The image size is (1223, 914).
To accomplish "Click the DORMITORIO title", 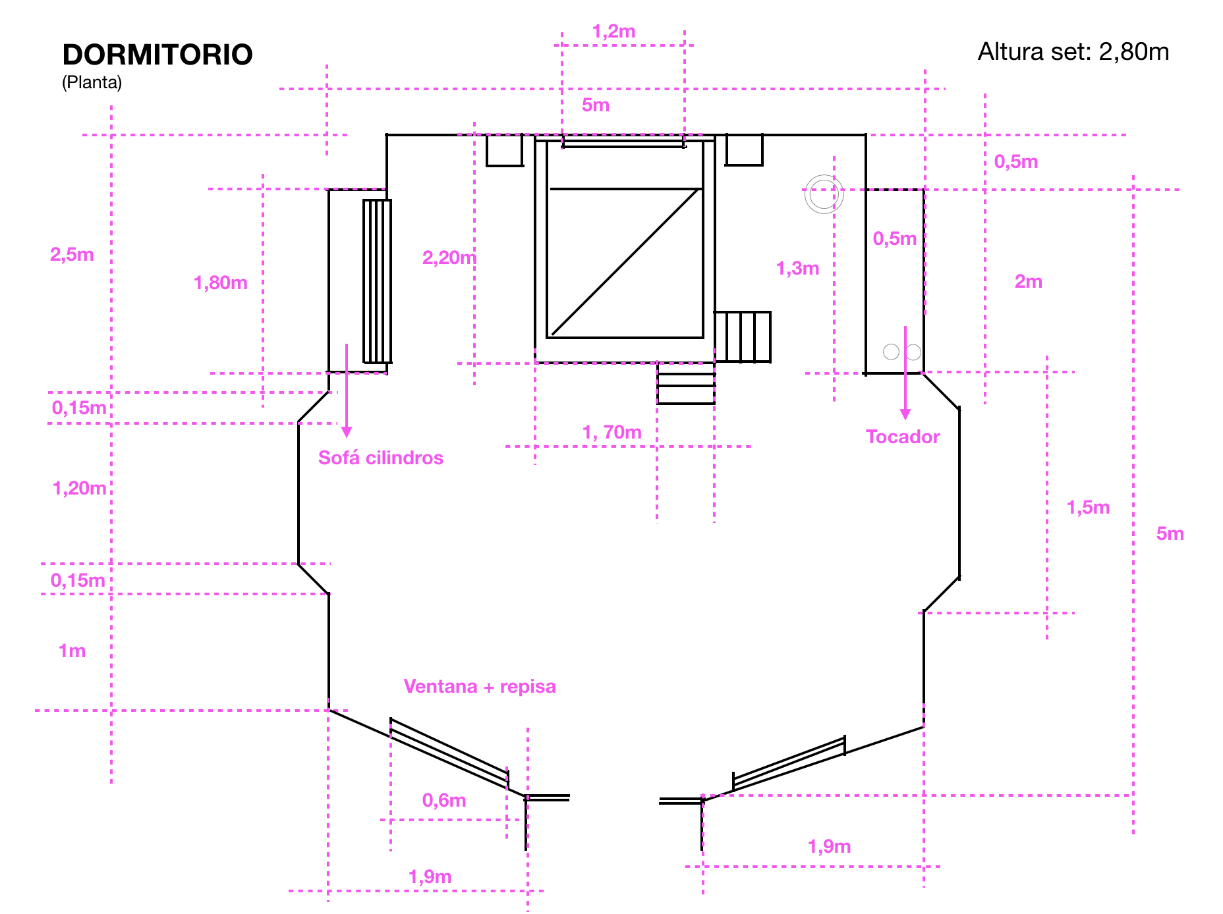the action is (x=157, y=55).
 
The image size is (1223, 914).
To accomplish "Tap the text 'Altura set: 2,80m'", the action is (x=1073, y=51).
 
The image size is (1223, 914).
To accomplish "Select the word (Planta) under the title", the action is (x=92, y=82).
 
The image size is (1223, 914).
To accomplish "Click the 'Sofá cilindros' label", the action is (x=381, y=458).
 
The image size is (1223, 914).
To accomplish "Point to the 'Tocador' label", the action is (x=903, y=437).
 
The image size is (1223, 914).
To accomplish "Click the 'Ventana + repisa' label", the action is (x=480, y=686).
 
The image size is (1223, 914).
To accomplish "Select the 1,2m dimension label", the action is (x=613, y=31).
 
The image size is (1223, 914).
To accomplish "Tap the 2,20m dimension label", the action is (x=449, y=257).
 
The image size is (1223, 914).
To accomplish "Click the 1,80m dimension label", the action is (x=221, y=282).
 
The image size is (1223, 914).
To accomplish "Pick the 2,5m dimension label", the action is (x=72, y=254).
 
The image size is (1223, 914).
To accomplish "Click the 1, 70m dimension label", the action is (x=611, y=432).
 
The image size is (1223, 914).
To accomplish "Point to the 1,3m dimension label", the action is (x=797, y=268).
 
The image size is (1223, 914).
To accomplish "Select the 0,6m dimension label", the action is (x=444, y=800).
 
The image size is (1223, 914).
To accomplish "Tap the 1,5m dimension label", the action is (x=1088, y=507).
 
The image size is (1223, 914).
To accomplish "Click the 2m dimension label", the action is (x=1028, y=281).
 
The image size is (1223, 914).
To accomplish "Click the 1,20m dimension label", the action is (x=79, y=488).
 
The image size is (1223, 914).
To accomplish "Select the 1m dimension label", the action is (x=72, y=651).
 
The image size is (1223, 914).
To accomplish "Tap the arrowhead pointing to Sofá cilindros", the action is (x=347, y=432).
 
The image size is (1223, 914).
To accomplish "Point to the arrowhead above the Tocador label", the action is (x=905, y=414).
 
